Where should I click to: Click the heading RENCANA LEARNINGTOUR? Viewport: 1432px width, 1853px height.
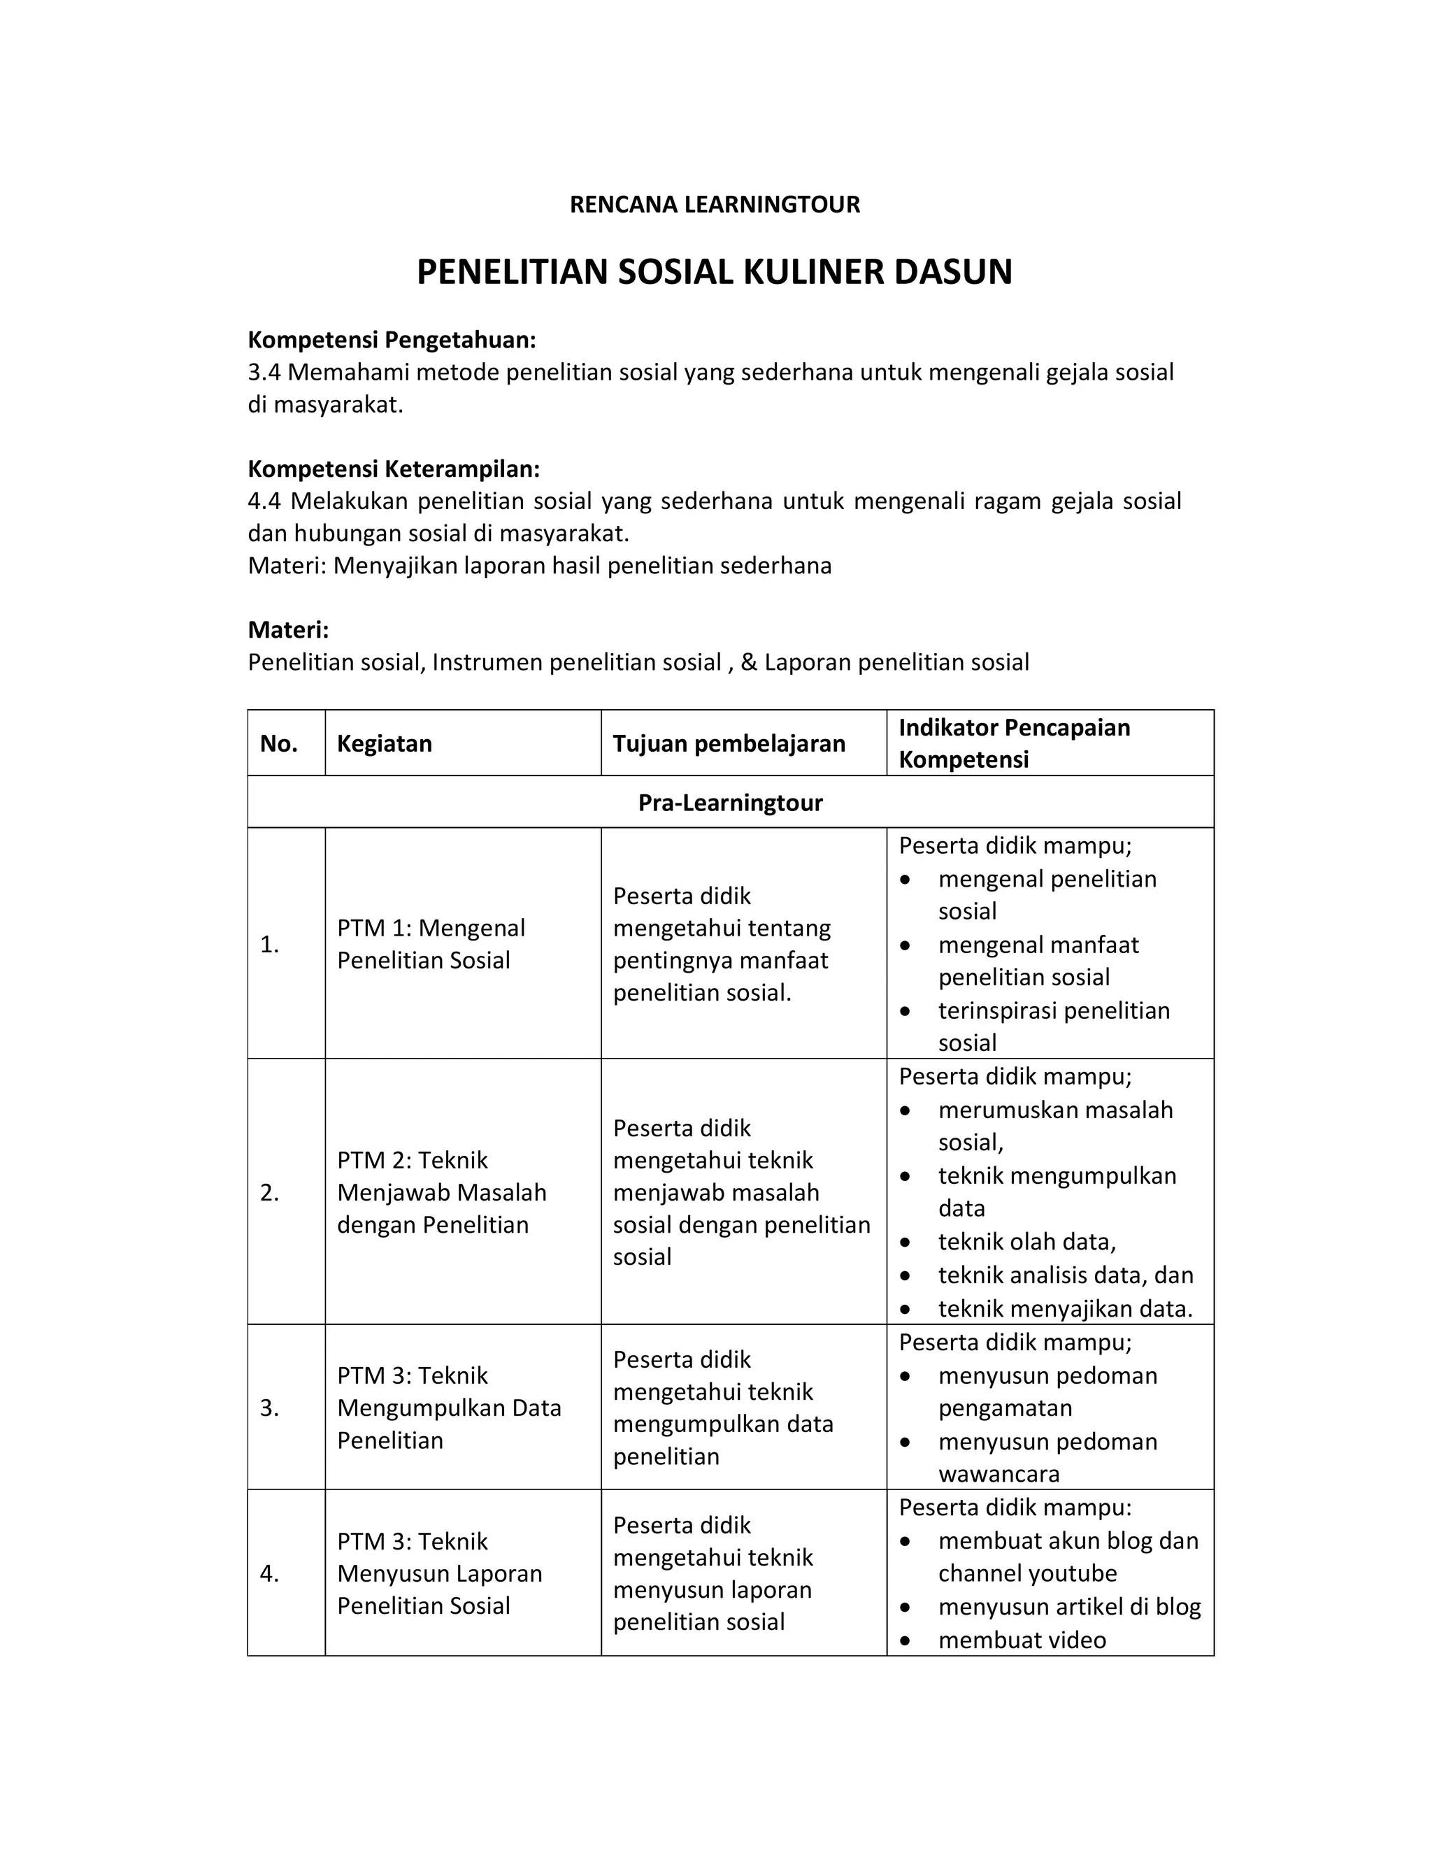715,204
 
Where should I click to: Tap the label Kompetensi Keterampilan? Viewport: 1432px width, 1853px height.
393,469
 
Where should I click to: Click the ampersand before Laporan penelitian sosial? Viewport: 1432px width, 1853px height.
748,663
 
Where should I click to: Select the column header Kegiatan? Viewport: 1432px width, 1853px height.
385,744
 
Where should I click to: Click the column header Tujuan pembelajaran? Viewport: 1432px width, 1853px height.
729,744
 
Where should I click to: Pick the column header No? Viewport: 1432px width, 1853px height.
278,744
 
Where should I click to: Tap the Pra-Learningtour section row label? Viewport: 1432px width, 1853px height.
729,803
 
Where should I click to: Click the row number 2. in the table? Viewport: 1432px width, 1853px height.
269,1193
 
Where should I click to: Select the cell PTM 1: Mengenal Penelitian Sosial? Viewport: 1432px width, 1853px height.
431,944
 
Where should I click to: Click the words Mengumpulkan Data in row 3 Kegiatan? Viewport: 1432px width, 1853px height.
449,1408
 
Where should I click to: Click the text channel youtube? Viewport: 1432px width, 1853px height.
1026,1574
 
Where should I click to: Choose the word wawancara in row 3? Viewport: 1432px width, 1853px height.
998,1475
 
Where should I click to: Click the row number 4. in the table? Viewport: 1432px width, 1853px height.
269,1574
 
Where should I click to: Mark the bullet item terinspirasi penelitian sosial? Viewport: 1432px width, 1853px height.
1053,1026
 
